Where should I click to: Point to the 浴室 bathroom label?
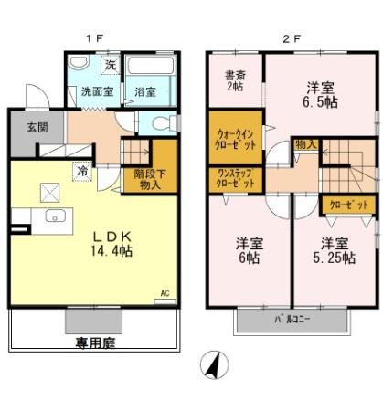click(x=146, y=91)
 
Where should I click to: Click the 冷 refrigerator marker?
click(x=81, y=170)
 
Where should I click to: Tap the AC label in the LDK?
click(x=165, y=293)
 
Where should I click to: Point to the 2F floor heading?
click(x=291, y=37)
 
